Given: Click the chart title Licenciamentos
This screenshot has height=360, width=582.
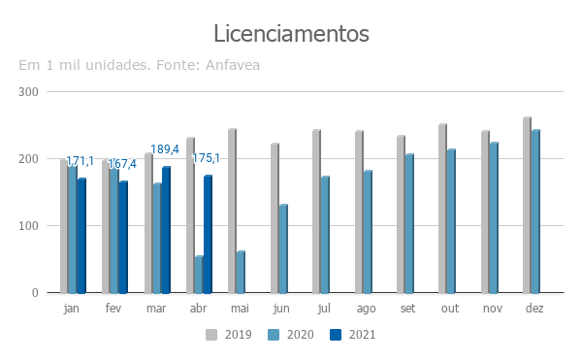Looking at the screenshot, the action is click(x=291, y=34).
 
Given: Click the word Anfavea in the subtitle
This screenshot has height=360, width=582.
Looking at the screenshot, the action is click(x=233, y=65).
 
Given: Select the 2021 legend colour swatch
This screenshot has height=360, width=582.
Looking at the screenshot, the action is click(x=336, y=335).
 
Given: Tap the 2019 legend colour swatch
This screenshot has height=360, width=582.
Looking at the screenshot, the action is click(x=211, y=335).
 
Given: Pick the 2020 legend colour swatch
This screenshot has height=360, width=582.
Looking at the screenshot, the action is click(x=274, y=335).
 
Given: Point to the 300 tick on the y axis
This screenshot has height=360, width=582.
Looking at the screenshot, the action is click(x=28, y=92).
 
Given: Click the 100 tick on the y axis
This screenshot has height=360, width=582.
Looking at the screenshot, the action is click(x=28, y=226).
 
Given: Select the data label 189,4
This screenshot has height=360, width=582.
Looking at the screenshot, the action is click(x=165, y=149).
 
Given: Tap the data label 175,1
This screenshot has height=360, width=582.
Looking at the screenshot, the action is click(x=206, y=158).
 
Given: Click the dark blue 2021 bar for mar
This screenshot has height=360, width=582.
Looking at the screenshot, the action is click(x=166, y=230).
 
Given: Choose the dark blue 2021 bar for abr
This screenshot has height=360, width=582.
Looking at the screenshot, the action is click(x=208, y=235).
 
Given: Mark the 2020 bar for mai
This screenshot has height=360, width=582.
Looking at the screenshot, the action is click(x=241, y=272).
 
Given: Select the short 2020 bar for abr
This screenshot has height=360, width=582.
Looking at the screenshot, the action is click(x=199, y=275).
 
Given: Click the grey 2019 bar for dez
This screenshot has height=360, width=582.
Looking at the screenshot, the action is click(x=527, y=206).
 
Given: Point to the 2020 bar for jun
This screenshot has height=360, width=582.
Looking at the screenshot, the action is click(x=283, y=249).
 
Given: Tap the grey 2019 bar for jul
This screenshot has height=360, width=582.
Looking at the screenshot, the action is click(x=316, y=212).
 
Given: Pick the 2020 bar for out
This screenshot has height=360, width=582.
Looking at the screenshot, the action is click(x=451, y=221).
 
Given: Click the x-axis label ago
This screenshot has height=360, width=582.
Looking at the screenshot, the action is click(x=367, y=309).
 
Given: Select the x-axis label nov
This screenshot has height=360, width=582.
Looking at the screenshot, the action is click(x=493, y=309).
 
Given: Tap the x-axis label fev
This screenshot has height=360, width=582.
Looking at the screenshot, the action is click(x=113, y=308).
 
